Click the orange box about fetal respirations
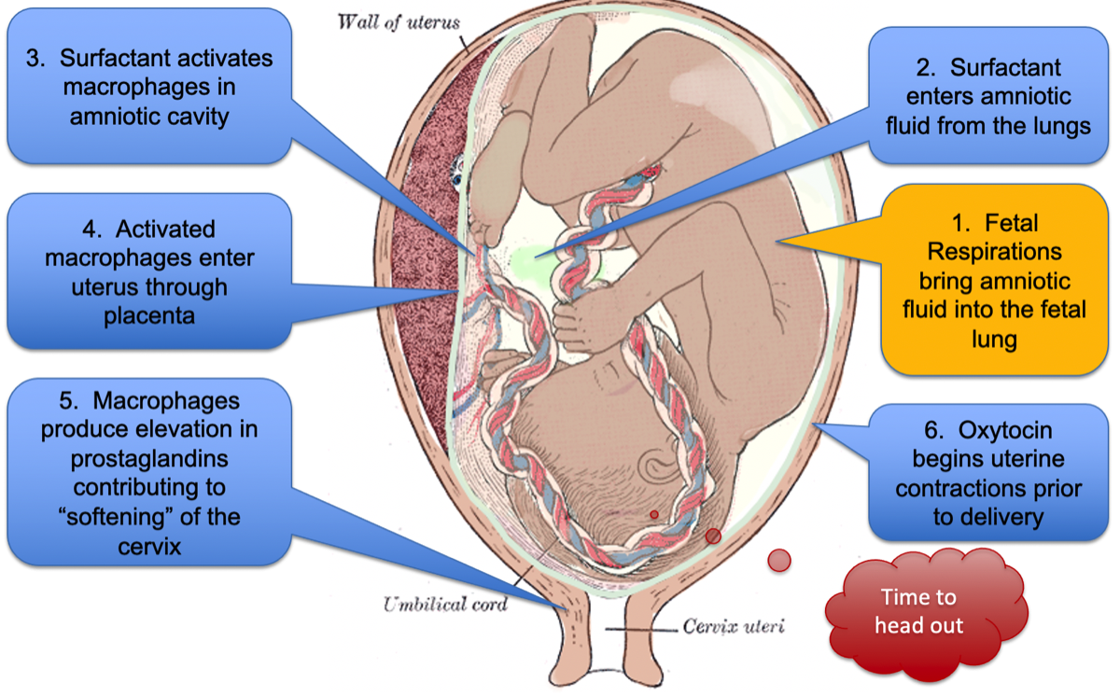[996, 280]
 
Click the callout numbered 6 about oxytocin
[988, 472]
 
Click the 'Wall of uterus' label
[399, 21]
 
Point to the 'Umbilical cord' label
[445, 605]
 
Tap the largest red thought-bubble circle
[778, 560]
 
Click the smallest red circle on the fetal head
[653, 514]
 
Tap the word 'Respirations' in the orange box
[996, 252]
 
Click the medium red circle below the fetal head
[713, 536]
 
